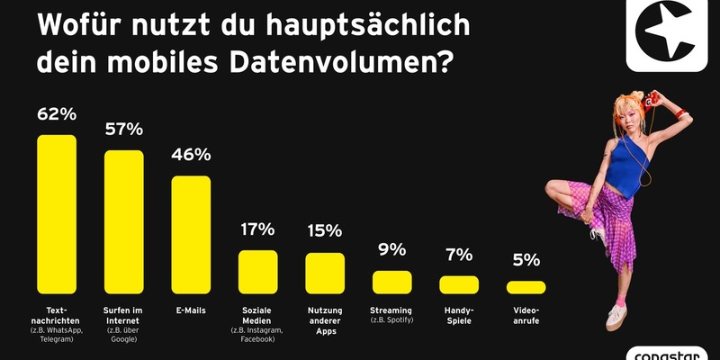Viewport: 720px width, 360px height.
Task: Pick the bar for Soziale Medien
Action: coord(257,272)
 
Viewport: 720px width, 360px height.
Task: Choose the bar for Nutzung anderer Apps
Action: coord(325,274)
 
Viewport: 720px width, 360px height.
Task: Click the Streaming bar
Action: coord(391,282)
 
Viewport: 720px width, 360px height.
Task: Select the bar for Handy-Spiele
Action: coord(459,284)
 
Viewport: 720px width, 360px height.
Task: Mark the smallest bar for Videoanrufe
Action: coord(526,287)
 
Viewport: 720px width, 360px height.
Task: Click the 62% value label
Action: coord(56,114)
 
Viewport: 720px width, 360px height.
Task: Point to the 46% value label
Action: coord(191,155)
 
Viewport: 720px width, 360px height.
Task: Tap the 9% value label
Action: coord(391,249)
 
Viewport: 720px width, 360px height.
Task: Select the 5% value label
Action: coord(526,260)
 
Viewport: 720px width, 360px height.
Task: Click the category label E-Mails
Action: coord(191,310)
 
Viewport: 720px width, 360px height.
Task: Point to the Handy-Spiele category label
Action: coord(459,315)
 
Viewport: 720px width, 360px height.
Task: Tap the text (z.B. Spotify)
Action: coord(391,321)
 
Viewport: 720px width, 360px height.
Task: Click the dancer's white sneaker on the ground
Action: coord(616,315)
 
